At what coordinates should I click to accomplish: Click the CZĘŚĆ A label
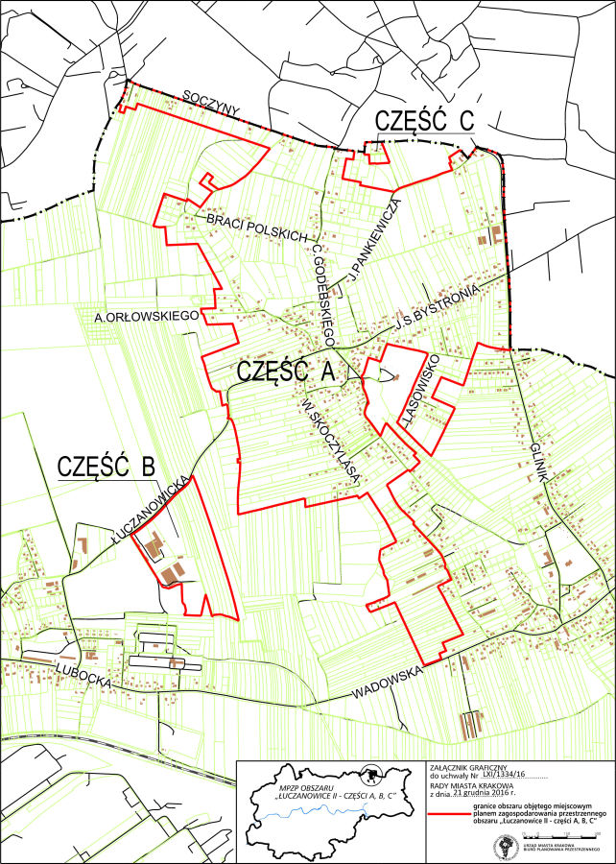(285, 372)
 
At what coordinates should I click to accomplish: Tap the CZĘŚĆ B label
(106, 467)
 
